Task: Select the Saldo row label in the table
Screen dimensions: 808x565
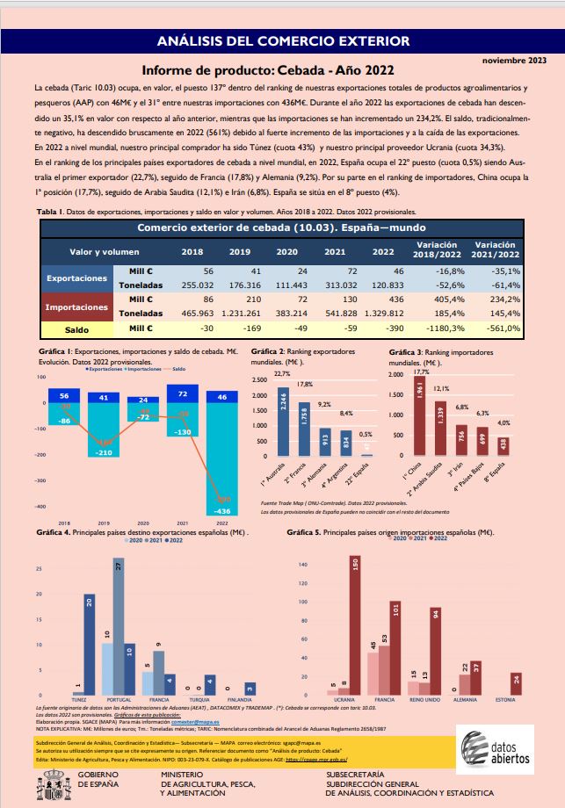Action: pyautogui.click(x=78, y=328)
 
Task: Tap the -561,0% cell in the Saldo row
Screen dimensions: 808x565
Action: pyautogui.click(x=498, y=328)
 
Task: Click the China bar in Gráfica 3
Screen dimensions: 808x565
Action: pyautogui.click(x=419, y=418)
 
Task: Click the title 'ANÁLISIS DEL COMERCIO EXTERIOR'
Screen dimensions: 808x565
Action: pyautogui.click(x=282, y=40)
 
